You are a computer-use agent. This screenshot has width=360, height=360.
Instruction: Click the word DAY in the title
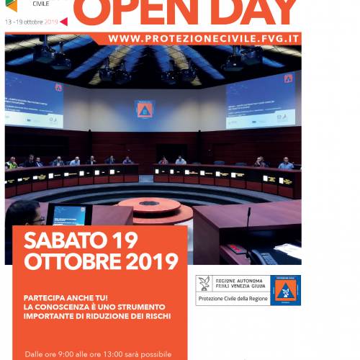click(x=240, y=9)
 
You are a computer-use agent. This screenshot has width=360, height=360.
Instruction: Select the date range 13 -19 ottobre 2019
click(x=31, y=22)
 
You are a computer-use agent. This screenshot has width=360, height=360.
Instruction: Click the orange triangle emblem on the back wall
click(x=145, y=110)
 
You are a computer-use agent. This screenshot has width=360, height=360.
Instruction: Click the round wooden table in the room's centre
click(x=150, y=207)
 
